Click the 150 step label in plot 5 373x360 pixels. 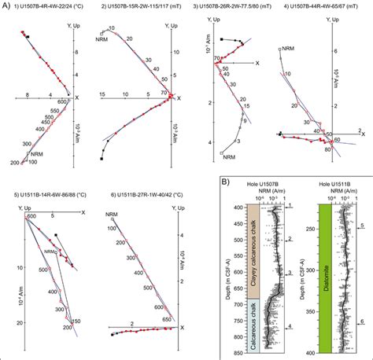click(78, 322)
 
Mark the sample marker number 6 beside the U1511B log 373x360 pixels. click(362, 321)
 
